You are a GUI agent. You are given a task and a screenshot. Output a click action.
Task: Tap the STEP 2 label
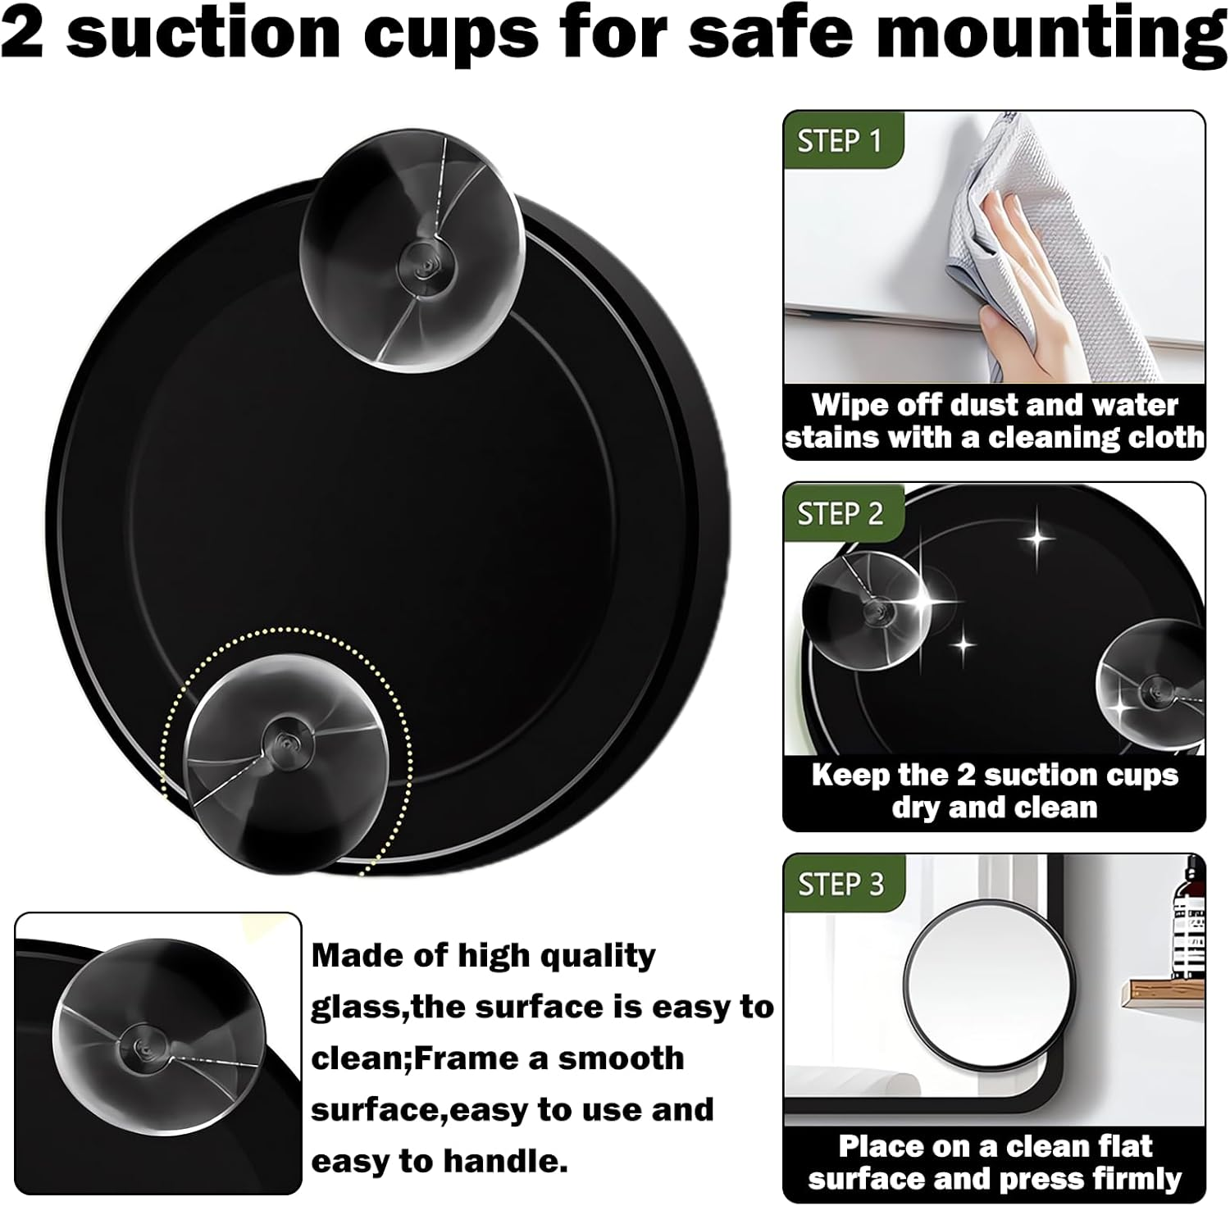(840, 514)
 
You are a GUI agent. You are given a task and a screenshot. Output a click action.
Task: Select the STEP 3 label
(840, 885)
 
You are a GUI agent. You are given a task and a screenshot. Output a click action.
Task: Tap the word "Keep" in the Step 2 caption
(849, 776)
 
